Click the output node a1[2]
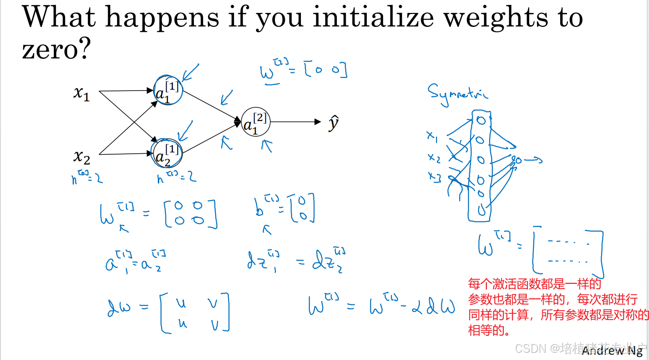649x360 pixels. (255, 122)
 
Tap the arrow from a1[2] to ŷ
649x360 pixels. (296, 121)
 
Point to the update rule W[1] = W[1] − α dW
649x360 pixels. (381, 307)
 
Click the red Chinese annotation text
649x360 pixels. (556, 307)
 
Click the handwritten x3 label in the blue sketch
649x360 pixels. (434, 177)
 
